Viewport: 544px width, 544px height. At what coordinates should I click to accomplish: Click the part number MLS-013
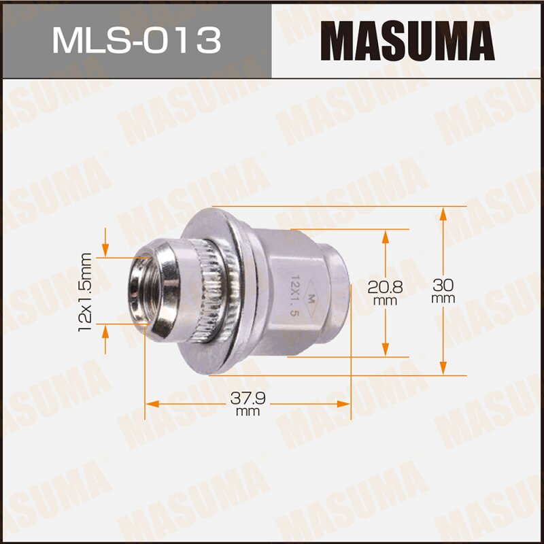[x=136, y=40]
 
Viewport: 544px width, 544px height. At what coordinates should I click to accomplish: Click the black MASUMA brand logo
[x=407, y=40]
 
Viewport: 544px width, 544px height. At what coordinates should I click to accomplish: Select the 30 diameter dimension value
[x=443, y=286]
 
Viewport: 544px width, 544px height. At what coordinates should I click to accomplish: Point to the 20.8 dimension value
[x=386, y=287]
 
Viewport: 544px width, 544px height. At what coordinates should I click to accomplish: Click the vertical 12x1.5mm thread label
[x=85, y=292]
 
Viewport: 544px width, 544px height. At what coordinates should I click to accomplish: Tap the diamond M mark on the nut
[x=311, y=297]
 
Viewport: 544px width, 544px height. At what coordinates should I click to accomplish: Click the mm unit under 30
[x=443, y=299]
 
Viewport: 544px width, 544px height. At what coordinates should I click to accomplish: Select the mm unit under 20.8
[x=386, y=300]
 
